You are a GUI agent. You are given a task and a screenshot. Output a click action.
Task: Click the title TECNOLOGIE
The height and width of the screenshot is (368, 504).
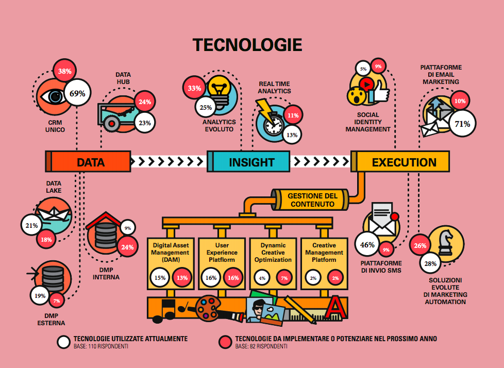(x=247, y=45)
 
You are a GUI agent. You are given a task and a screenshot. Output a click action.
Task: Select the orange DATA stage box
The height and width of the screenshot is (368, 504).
(x=91, y=162)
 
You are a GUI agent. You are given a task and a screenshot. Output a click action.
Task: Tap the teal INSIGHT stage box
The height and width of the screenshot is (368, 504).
(x=251, y=162)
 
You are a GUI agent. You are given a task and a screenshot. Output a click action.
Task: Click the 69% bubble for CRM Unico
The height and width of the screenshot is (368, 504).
(x=77, y=93)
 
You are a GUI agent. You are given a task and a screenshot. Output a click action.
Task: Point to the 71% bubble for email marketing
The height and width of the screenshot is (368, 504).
(x=462, y=124)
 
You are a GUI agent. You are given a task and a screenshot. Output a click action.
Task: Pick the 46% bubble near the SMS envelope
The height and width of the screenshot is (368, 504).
(x=367, y=245)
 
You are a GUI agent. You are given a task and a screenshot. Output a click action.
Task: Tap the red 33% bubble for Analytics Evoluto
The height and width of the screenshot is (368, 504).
(x=194, y=88)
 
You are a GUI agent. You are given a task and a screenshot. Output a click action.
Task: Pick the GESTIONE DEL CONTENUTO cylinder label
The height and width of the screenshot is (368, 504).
(x=313, y=200)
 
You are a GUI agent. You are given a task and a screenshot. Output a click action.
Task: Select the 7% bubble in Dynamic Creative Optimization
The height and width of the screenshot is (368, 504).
(x=283, y=278)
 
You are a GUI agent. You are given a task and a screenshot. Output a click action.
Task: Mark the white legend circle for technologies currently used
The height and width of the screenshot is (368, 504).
(x=64, y=342)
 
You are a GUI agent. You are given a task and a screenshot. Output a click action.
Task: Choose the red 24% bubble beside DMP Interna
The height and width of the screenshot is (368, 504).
(x=127, y=247)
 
